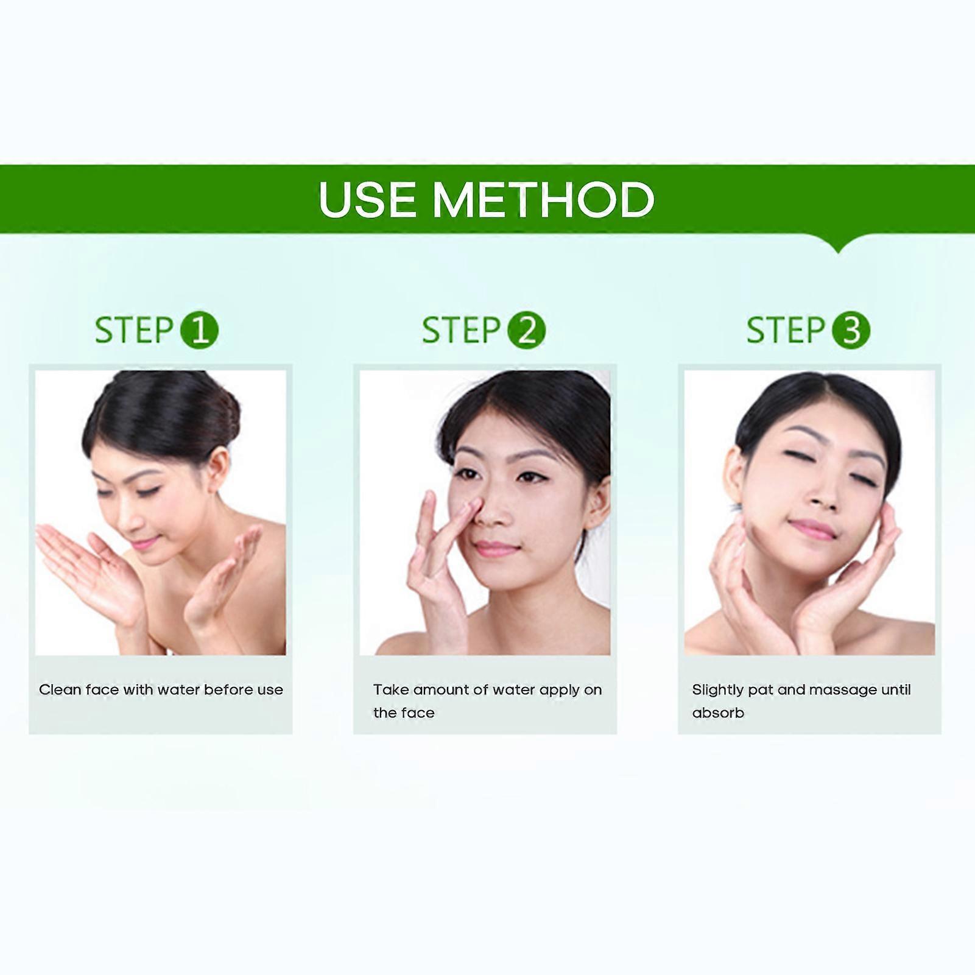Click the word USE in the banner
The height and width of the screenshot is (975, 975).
click(x=367, y=199)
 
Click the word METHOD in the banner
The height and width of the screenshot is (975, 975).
click(x=543, y=199)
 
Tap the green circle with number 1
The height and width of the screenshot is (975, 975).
click(x=199, y=330)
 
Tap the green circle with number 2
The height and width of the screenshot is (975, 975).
click(x=526, y=330)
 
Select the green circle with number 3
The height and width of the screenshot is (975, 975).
click(x=851, y=330)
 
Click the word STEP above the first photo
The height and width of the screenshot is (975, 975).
click(x=135, y=330)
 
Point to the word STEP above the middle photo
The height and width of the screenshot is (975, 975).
click(x=461, y=330)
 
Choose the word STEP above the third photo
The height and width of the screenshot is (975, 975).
click(x=786, y=330)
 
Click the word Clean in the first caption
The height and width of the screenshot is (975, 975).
click(x=60, y=689)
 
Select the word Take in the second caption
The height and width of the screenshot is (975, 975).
click(x=390, y=689)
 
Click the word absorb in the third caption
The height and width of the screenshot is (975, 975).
click(x=718, y=713)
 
